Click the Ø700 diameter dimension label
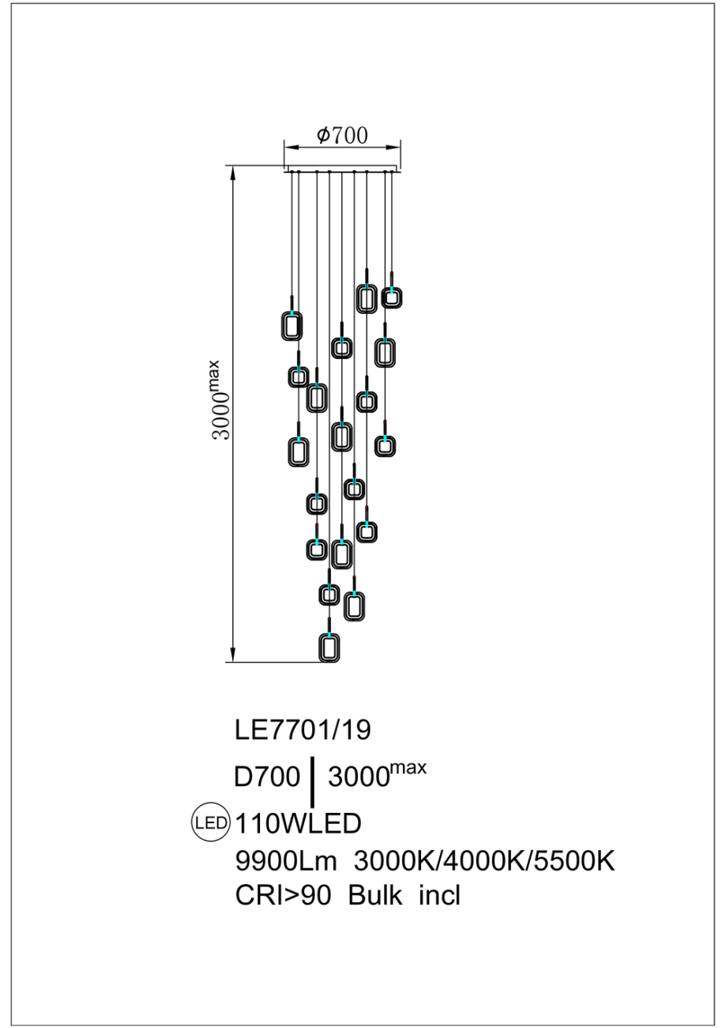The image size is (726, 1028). pos(342,135)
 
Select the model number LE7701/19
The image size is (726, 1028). pos(303,730)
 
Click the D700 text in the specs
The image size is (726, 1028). pos(267,778)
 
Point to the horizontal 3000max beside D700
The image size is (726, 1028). pos(376,776)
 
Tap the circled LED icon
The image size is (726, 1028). pos(210,822)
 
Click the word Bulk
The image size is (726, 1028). pos(376,896)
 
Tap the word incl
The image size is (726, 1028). pos(439,896)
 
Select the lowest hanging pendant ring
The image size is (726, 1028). pos(329,648)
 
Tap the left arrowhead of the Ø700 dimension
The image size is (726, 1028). pos(290,147)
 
